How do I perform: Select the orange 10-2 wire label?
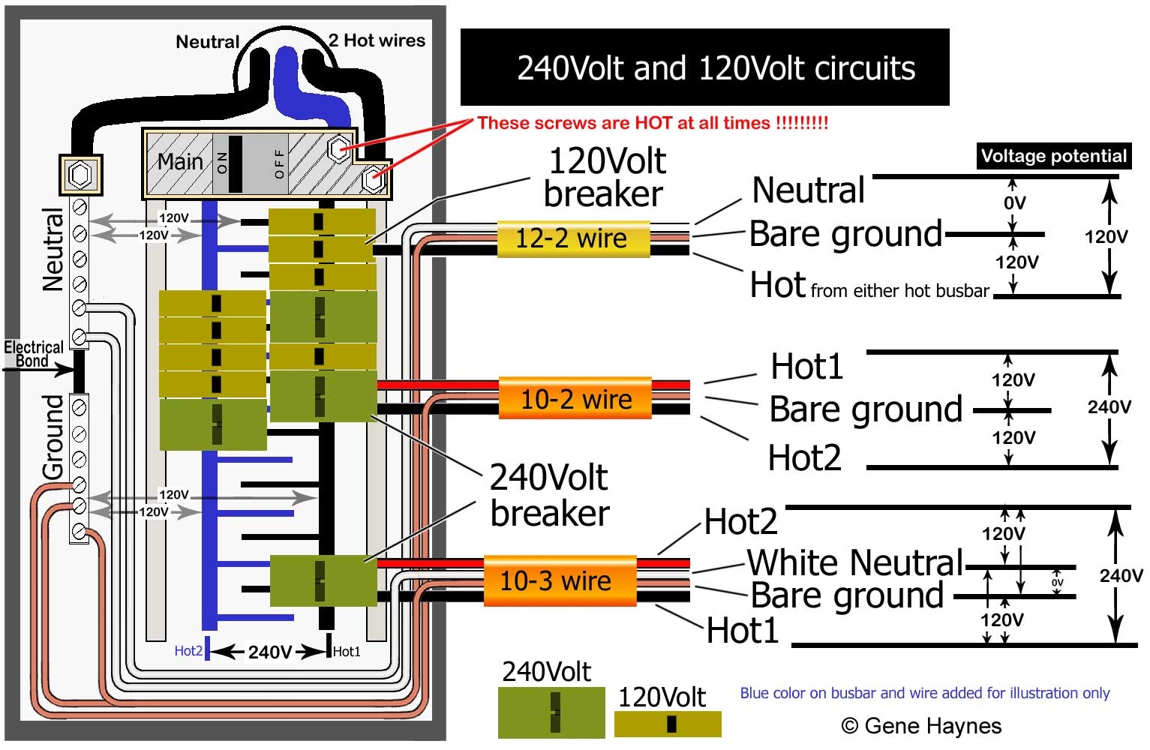575,398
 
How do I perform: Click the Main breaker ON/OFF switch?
236,163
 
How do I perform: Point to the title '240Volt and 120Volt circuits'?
716,68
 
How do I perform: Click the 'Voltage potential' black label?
1053,156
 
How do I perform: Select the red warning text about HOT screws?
653,123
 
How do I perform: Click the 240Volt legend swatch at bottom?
551,712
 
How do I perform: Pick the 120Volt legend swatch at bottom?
668,724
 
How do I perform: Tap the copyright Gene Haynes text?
921,725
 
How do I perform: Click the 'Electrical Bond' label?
33,354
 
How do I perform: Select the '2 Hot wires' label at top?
377,40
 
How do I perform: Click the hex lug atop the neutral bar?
80,175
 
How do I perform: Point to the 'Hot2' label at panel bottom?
188,651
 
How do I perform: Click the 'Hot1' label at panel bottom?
347,652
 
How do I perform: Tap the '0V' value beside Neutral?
1014,202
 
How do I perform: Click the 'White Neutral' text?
855,562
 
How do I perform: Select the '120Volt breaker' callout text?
605,177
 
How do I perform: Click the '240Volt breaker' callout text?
549,495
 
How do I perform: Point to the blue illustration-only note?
924,693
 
